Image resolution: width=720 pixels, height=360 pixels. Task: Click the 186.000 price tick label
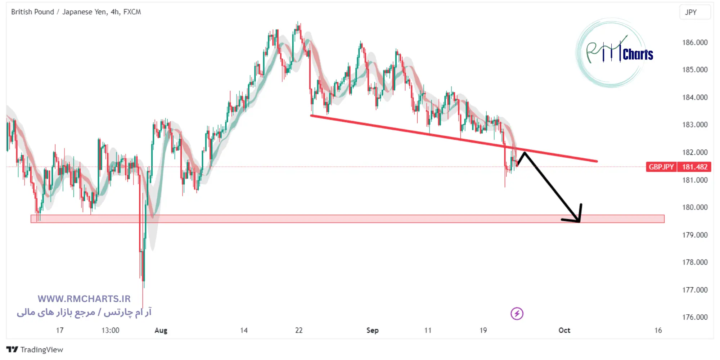click(694, 42)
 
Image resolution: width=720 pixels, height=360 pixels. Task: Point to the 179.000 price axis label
click(694, 235)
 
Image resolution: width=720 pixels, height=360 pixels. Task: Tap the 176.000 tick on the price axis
click(694, 317)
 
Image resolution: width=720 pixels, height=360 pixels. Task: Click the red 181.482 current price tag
click(694, 167)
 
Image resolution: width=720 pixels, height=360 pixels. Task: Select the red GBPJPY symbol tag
click(661, 167)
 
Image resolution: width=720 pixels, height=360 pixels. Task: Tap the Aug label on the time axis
click(161, 330)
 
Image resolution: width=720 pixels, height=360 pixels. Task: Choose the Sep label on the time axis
click(372, 330)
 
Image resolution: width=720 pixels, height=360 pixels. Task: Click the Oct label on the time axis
click(564, 330)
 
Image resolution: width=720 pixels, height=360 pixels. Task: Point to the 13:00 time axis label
click(110, 330)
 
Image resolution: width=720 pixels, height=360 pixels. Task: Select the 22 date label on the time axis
click(299, 330)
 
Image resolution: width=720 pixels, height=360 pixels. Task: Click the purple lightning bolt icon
click(517, 314)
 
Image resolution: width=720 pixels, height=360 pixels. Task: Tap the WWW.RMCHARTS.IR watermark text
click(84, 299)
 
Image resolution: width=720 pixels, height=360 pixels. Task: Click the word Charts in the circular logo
click(638, 55)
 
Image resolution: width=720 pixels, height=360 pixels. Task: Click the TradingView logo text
click(41, 350)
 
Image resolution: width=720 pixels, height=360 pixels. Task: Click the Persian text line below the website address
click(84, 312)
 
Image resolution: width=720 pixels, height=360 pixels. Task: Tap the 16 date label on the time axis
click(658, 330)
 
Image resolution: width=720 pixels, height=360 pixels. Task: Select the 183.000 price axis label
click(694, 125)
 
